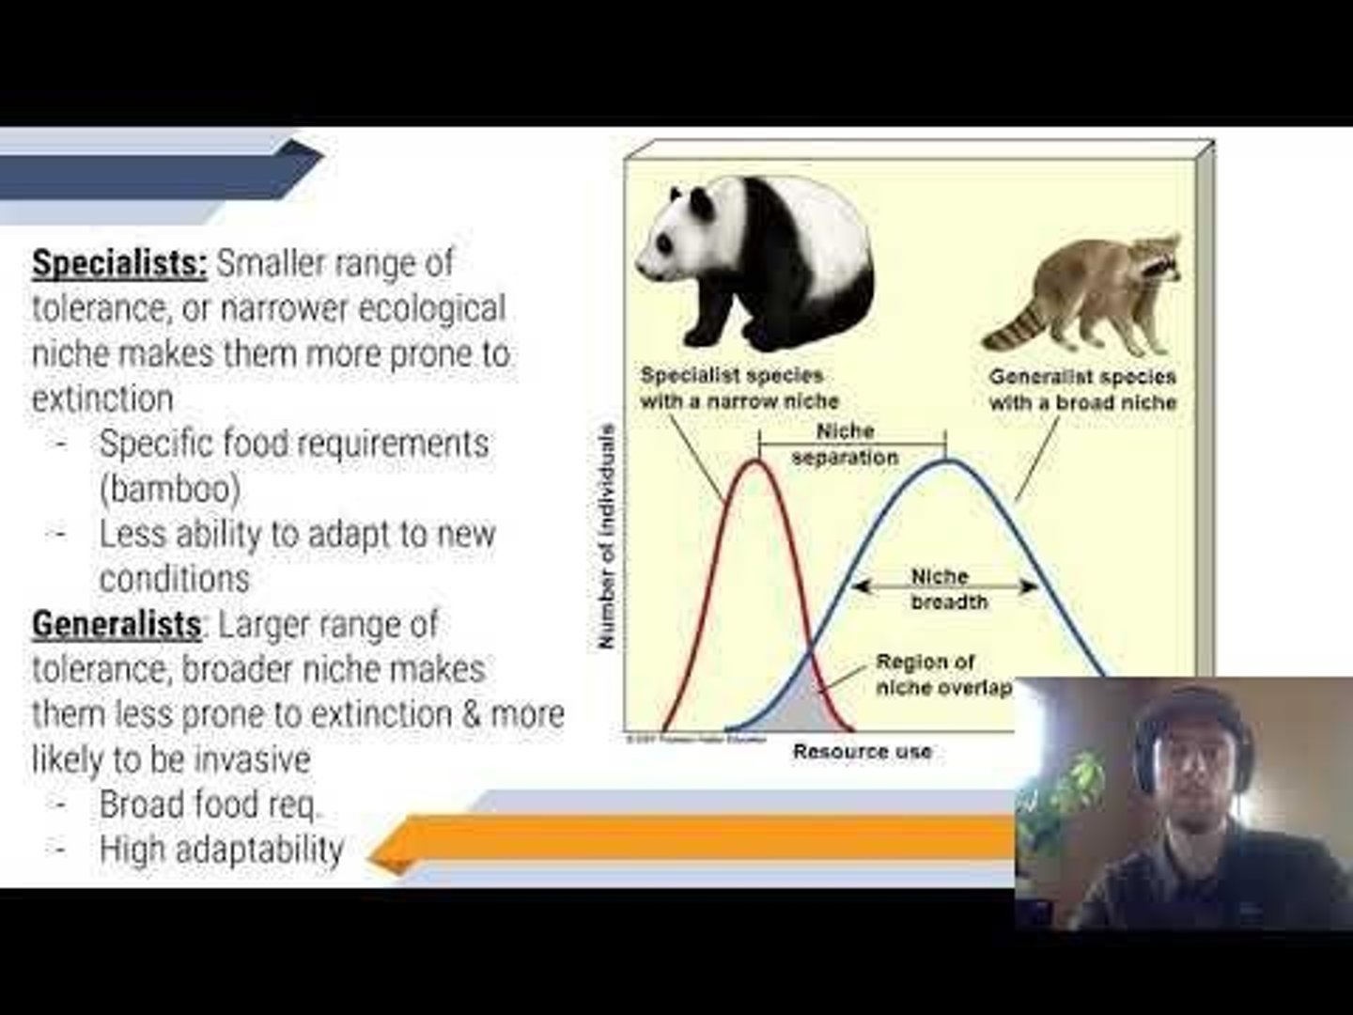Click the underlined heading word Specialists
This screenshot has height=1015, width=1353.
(x=119, y=263)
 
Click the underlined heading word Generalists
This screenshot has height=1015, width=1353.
(x=117, y=624)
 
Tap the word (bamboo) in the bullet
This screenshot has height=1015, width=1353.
(x=170, y=489)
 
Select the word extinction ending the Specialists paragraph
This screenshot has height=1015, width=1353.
(x=102, y=398)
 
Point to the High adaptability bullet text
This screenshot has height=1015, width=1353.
(x=222, y=850)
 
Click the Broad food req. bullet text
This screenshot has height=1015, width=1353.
(x=210, y=804)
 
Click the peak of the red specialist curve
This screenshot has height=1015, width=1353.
(x=755, y=462)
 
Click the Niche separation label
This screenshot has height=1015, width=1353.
(x=845, y=445)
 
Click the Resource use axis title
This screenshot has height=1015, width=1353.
(x=862, y=751)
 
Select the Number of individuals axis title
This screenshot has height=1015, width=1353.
(x=607, y=536)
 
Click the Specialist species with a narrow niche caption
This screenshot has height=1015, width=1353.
(x=739, y=388)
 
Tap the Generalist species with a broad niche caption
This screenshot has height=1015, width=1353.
(x=1081, y=390)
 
